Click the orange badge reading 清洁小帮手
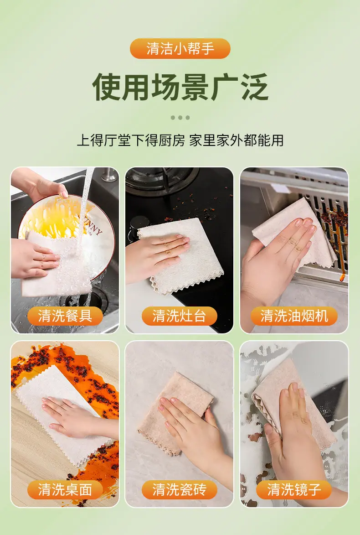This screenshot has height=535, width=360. coord(180,48)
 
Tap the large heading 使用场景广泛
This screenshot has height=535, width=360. coord(180,87)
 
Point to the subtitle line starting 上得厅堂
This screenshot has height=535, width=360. coord(180,140)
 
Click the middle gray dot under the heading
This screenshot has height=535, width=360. coord(180,118)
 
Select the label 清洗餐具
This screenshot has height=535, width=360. coord(65,316)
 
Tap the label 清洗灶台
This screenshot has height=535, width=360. coord(180,316)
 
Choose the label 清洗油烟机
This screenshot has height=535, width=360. coord(294,316)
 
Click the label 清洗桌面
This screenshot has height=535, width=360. coord(65,490)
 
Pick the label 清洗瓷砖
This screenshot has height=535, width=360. coord(180,490)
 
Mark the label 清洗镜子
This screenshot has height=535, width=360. coord(294,490)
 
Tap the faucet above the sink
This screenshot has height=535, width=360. coord(109,175)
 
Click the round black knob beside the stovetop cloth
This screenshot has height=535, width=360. coord(139,223)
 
